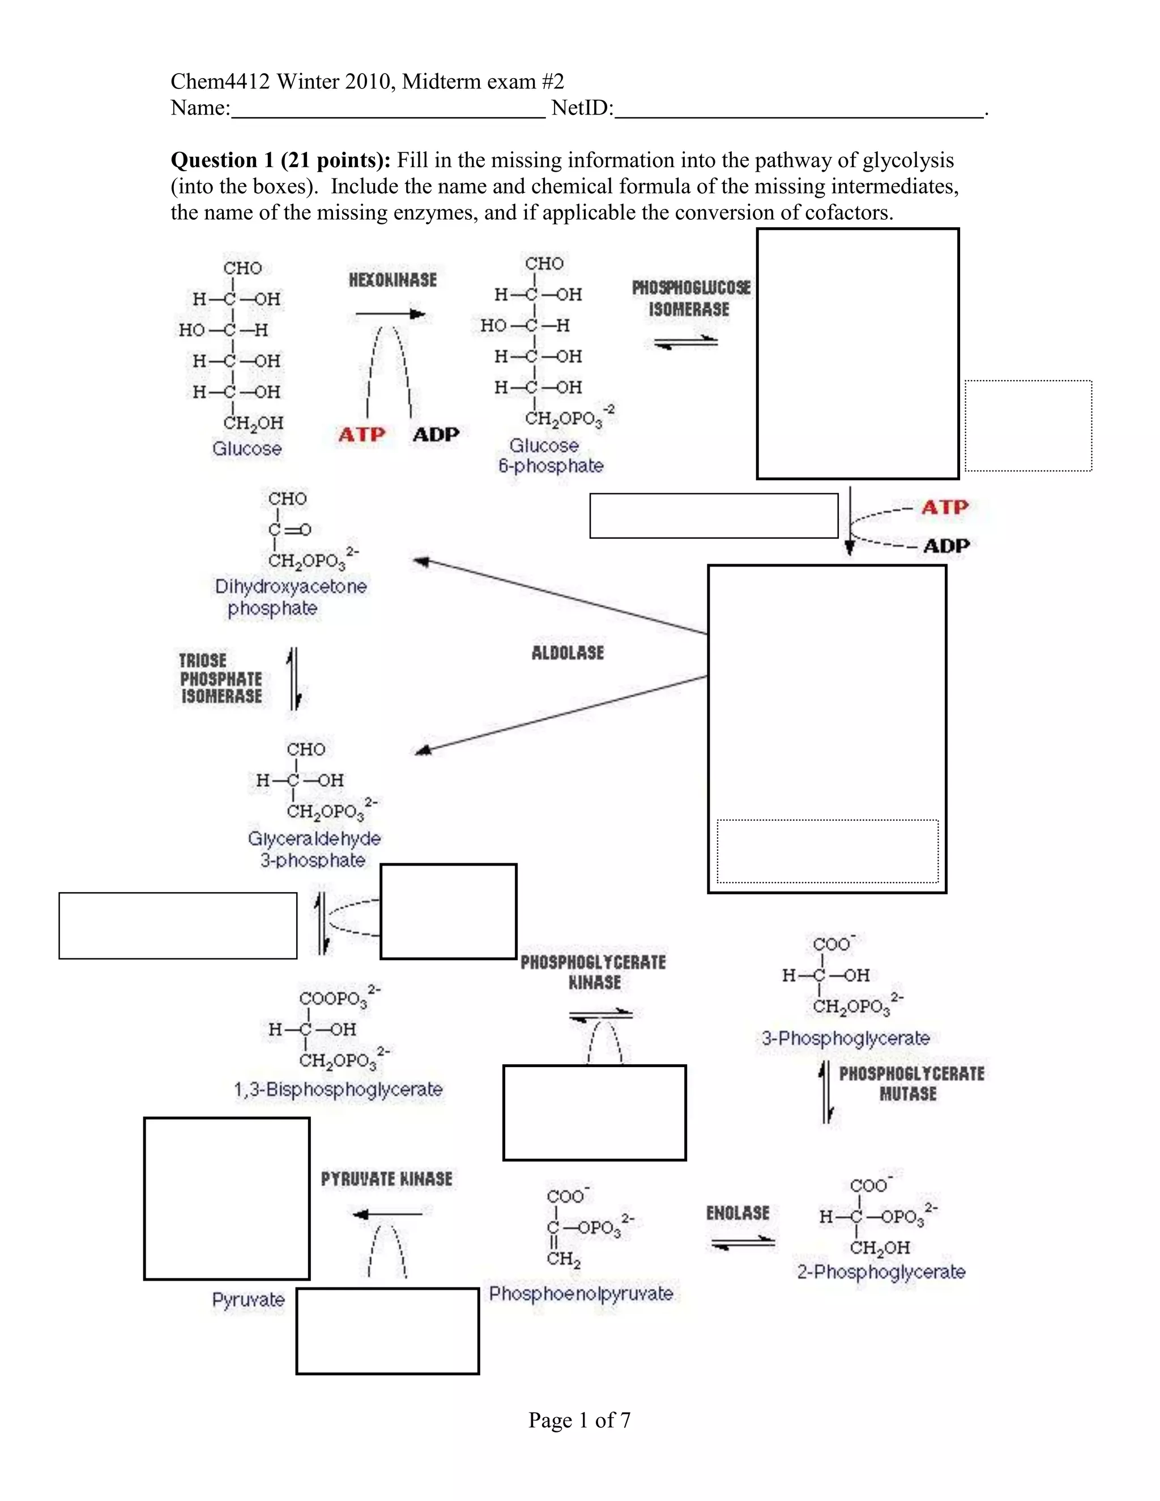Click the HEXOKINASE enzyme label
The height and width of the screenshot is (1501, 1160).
pyautogui.click(x=393, y=280)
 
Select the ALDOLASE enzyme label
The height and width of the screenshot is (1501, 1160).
pyautogui.click(x=568, y=653)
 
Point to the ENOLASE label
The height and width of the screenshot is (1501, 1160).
pyautogui.click(x=737, y=1213)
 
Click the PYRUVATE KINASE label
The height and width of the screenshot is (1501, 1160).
pyautogui.click(x=386, y=1179)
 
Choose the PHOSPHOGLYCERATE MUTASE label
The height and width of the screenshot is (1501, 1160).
pyautogui.click(x=911, y=1083)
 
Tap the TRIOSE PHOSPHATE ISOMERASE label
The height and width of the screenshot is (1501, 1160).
pyautogui.click(x=220, y=679)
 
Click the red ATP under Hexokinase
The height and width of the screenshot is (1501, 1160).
pyautogui.click(x=361, y=434)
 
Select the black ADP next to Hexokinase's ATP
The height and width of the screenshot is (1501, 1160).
pyautogui.click(x=436, y=434)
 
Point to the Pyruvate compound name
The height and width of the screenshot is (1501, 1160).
pyautogui.click(x=248, y=1299)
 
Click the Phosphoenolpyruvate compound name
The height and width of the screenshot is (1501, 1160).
pyautogui.click(x=581, y=1294)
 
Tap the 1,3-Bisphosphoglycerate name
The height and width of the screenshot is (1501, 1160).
pyautogui.click(x=338, y=1089)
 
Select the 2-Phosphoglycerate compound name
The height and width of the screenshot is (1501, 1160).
pyautogui.click(x=881, y=1272)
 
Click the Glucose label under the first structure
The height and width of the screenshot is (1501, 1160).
pyautogui.click(x=247, y=449)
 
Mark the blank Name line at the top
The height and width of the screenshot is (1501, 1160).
pyautogui.click(x=388, y=110)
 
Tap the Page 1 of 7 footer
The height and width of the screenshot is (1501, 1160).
pyautogui.click(x=579, y=1420)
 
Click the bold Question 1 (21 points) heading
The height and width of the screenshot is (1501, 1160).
pyautogui.click(x=280, y=160)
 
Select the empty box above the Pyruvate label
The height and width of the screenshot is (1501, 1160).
pyautogui.click(x=227, y=1199)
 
